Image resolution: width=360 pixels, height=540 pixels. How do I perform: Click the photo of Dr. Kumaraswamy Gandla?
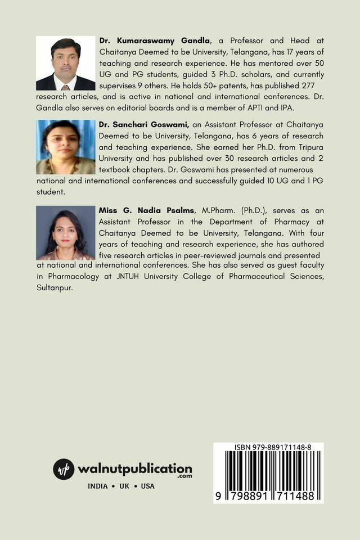click(x=66, y=63)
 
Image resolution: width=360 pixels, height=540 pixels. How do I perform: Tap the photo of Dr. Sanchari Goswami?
click(x=66, y=147)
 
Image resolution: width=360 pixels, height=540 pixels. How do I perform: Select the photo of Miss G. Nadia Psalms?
click(x=66, y=232)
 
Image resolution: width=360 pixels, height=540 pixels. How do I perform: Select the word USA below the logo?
click(x=147, y=486)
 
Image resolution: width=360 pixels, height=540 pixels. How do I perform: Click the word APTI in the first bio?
click(x=263, y=107)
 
